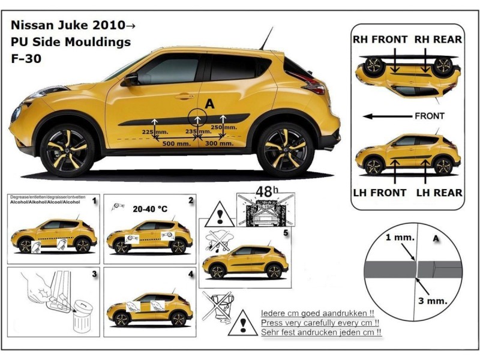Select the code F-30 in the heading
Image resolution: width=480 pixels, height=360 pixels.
[x=25, y=59]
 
